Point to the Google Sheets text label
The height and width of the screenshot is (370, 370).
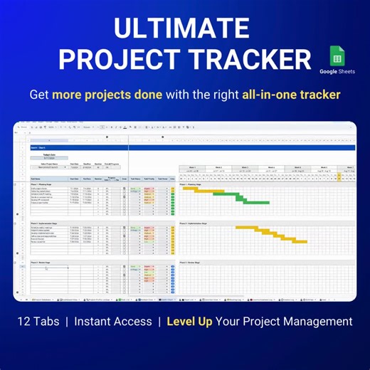[x=337, y=72]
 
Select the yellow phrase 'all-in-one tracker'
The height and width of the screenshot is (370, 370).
[x=290, y=95]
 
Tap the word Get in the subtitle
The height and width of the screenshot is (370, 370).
[x=39, y=95]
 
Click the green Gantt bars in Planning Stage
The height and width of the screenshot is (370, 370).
[x=257, y=199]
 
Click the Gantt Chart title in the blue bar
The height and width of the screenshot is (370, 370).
[x=36, y=147]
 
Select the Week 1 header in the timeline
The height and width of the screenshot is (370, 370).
[x=191, y=168]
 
